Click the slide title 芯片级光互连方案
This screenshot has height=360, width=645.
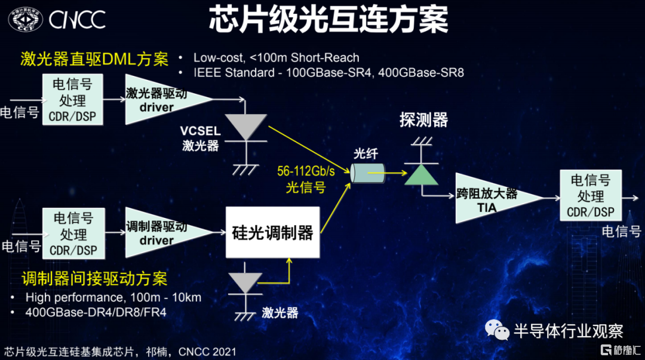coord(328,19)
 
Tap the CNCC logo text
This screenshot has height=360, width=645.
coord(77,19)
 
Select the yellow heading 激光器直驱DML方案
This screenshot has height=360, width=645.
coord(94,59)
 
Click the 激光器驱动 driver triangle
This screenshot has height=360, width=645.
coord(165,100)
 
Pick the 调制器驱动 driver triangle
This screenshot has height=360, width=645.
coord(165,232)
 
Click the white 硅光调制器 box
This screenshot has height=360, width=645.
coord(272,232)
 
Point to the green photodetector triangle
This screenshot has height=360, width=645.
coord(421,175)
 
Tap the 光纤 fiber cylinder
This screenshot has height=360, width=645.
coord(367,173)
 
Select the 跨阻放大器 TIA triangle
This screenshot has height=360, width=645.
coord(496,198)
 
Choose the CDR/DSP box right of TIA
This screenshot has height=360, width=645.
coord(591,195)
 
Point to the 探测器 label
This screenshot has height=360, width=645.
coord(423,120)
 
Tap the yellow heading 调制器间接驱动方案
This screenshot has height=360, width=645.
coord(94,279)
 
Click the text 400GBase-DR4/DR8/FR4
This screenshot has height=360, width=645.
coord(96,312)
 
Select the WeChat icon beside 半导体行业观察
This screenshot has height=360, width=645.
coord(497,329)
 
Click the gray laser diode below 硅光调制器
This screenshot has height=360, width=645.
coord(245,282)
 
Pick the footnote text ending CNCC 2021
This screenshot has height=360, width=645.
coord(120,352)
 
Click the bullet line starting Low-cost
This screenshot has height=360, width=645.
coord(277,57)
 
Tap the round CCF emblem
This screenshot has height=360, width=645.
coord(26,19)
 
